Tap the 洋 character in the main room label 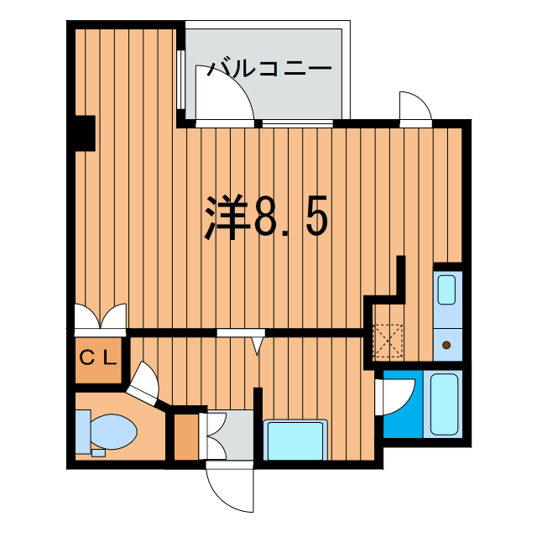[227, 218]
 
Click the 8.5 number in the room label [290, 218]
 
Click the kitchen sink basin [446, 290]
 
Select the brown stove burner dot [446, 344]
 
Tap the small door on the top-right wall [415, 107]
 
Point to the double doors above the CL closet [99, 316]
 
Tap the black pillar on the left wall [83, 133]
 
